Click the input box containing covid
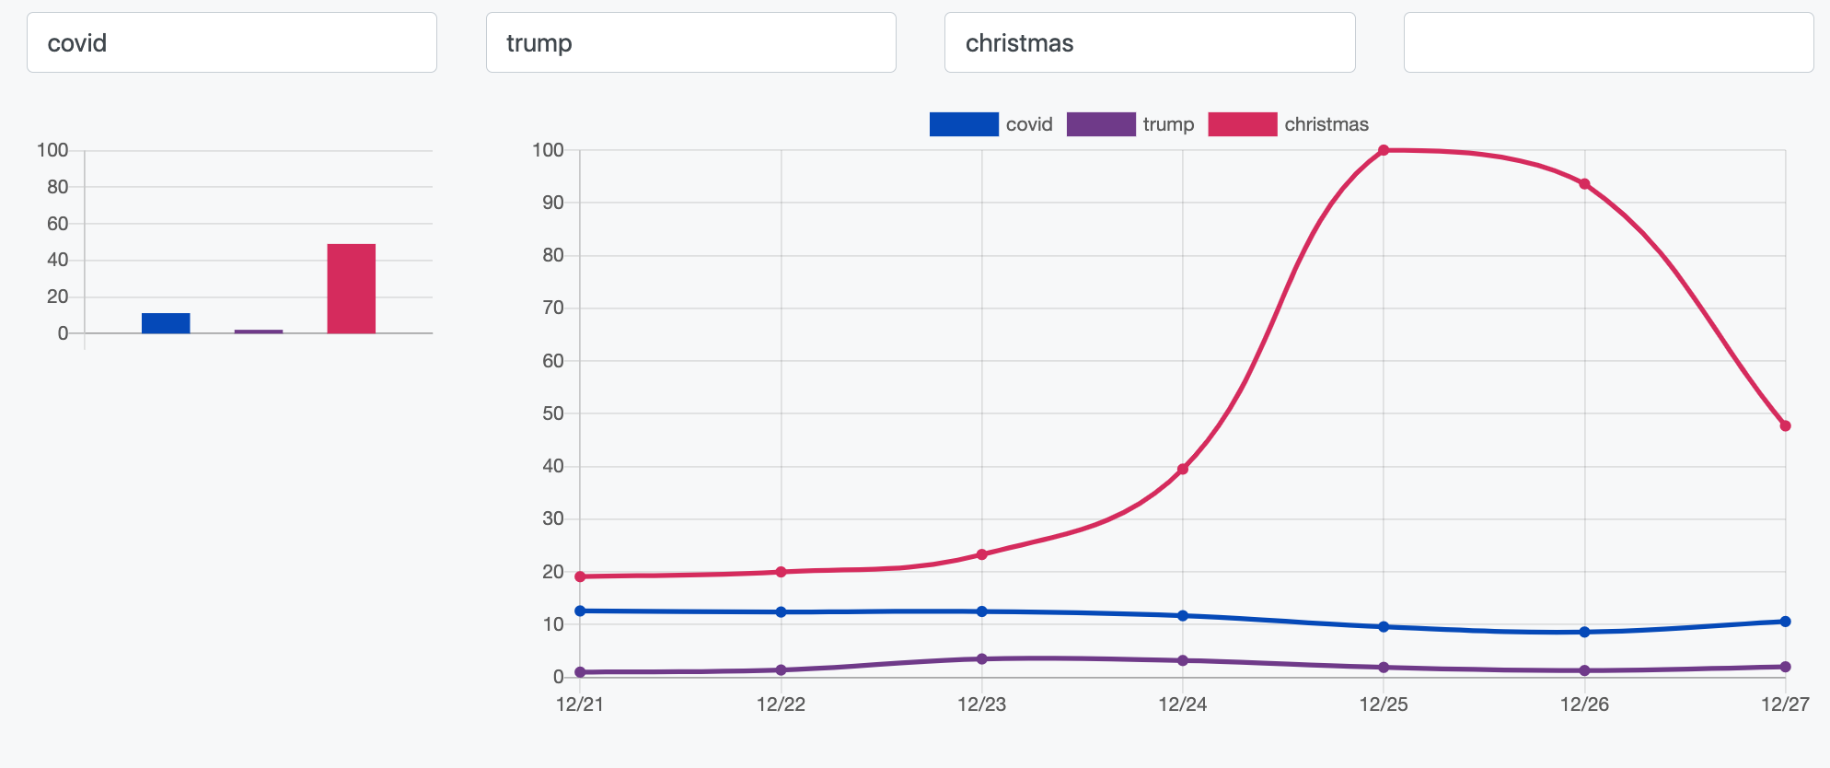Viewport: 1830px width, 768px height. pos(231,42)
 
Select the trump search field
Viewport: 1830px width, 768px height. pos(690,42)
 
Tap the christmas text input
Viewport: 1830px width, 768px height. pos(1149,42)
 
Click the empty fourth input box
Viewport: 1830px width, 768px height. pos(1607,42)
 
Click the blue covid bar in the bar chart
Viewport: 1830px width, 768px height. pos(166,323)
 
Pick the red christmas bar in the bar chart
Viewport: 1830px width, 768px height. pos(351,288)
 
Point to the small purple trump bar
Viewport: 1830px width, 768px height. pos(259,332)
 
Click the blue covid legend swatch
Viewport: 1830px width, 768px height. pos(963,124)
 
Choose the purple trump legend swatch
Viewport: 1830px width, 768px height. pos(1100,124)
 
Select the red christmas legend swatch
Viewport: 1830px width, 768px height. pos(1242,124)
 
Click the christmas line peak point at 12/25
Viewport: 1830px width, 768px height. pos(1384,150)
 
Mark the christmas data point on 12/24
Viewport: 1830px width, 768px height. pos(1183,470)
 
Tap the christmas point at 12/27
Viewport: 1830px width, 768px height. pos(1785,426)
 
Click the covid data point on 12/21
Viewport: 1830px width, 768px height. pos(580,611)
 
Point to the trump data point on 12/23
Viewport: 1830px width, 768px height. pos(982,659)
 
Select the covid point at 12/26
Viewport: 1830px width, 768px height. pos(1584,633)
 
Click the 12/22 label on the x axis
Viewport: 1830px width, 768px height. pos(781,704)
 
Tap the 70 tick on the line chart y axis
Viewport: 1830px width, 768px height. pos(553,308)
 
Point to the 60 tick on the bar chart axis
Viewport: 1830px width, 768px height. pos(58,224)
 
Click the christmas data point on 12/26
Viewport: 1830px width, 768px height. pos(1584,184)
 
